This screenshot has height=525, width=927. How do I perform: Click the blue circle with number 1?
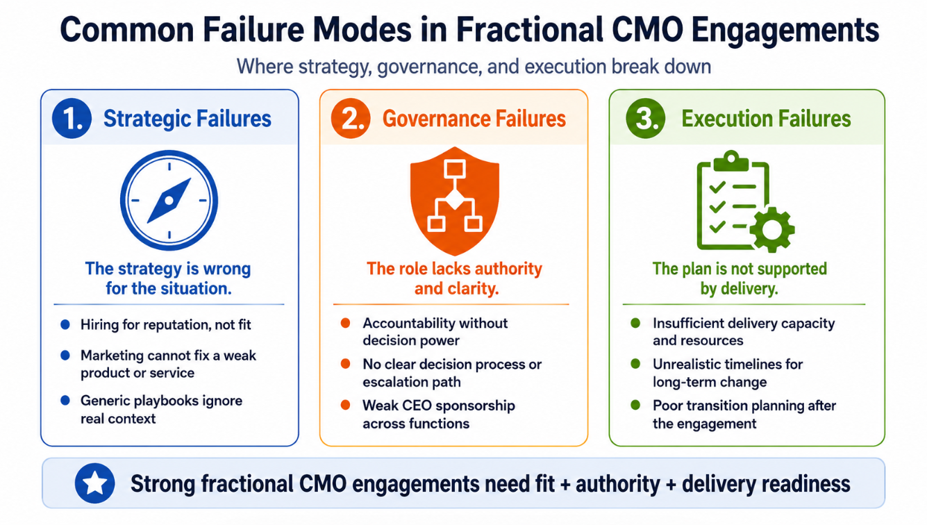click(72, 118)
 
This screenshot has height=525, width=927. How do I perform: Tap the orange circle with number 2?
click(351, 118)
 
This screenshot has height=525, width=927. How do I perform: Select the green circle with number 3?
click(646, 118)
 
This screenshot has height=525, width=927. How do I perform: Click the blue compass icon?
click(169, 201)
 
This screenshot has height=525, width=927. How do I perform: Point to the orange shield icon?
click(455, 201)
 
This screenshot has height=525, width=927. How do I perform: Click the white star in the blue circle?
click(94, 483)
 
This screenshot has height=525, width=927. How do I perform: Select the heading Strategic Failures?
click(187, 119)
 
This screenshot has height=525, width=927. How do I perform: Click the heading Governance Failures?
click(474, 119)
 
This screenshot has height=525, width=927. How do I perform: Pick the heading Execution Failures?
click(766, 119)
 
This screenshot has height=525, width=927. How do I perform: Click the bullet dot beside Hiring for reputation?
click(65, 324)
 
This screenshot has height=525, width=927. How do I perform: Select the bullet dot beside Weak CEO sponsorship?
click(346, 405)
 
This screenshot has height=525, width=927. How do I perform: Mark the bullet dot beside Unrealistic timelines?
click(635, 364)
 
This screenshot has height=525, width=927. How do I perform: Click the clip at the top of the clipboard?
click(731, 160)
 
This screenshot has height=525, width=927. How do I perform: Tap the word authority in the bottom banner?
click(618, 484)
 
